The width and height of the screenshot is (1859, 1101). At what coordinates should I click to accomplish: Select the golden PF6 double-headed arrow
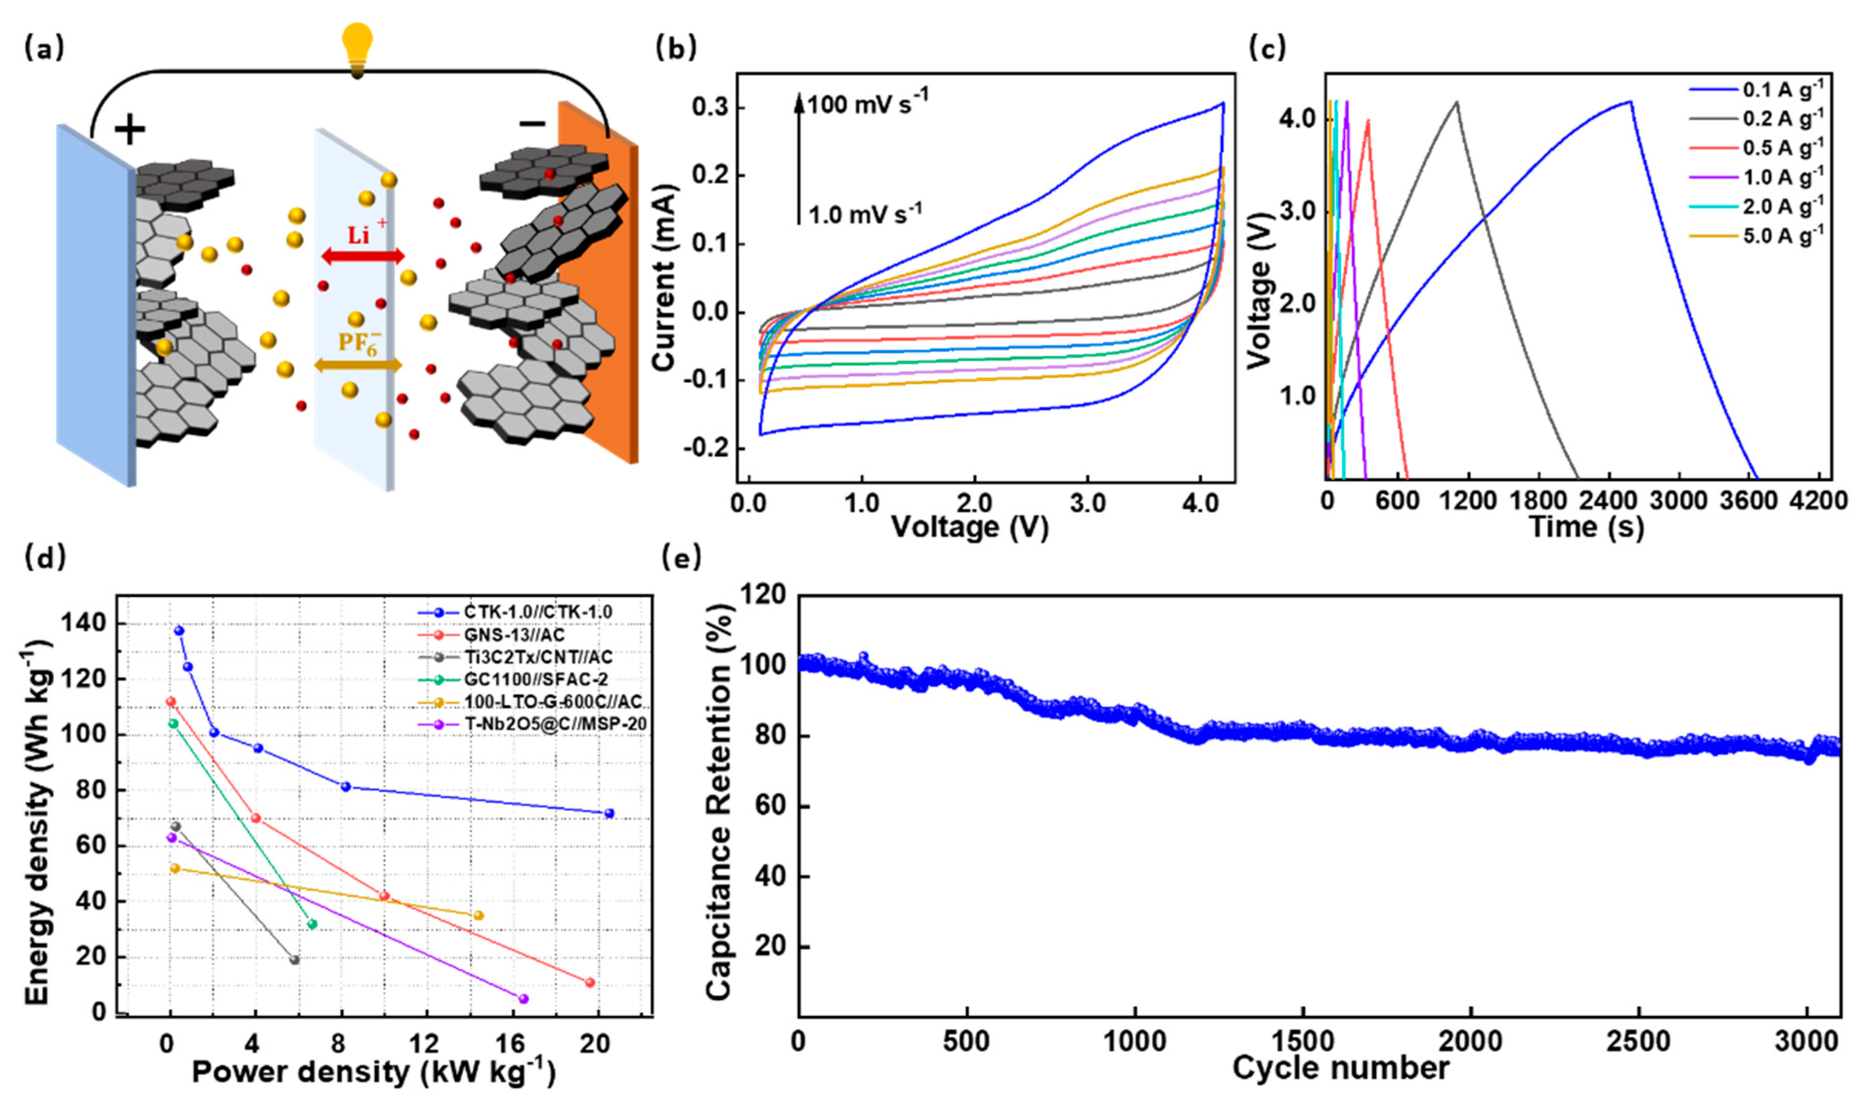358,364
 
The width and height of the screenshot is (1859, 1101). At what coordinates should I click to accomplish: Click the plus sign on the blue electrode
130,131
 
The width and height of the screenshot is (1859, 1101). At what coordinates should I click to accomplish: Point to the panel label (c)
1267,49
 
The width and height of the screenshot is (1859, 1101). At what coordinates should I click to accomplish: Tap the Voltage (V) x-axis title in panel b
970,527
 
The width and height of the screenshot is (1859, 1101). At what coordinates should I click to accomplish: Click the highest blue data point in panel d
179,630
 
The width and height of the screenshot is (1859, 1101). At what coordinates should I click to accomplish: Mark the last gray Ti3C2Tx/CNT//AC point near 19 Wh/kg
295,960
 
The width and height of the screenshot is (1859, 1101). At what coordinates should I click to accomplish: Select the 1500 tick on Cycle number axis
1303,1042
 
